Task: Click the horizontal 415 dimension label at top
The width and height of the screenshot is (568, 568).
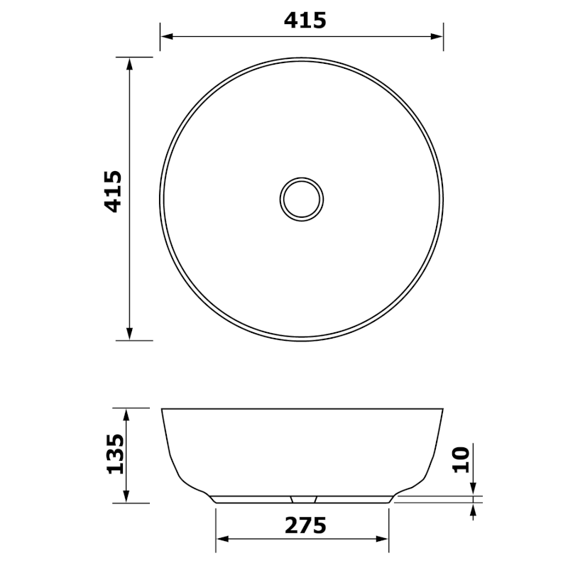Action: pyautogui.click(x=305, y=21)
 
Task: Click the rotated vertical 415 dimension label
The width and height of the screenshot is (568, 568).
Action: pyautogui.click(x=114, y=191)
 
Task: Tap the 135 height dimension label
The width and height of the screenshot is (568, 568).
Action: pyautogui.click(x=114, y=454)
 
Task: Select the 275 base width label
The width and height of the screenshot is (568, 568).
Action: pyautogui.click(x=305, y=525)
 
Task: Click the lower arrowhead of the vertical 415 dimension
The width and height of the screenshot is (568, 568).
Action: pyautogui.click(x=129, y=333)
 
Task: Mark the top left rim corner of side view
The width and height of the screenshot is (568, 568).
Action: pyautogui.click(x=163, y=410)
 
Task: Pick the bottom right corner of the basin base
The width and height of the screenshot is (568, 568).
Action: pyautogui.click(x=389, y=502)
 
